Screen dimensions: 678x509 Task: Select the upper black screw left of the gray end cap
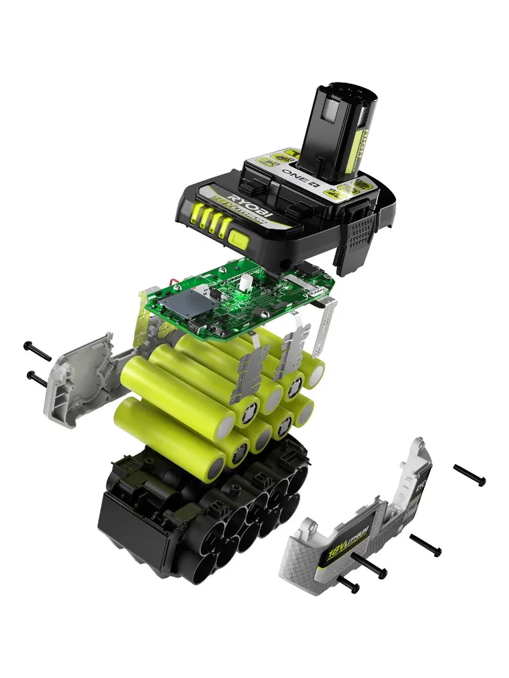37,351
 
